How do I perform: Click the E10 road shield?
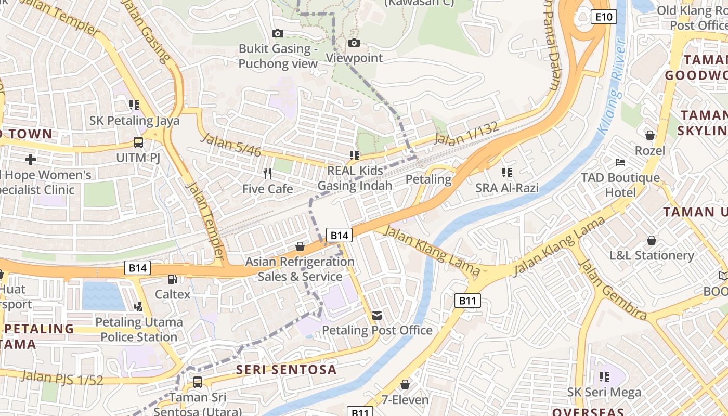pyautogui.click(x=603, y=17)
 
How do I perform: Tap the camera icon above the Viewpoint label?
pyautogui.click(x=354, y=43)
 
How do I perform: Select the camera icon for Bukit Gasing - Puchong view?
pyautogui.click(x=278, y=34)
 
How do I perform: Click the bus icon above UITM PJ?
pyautogui.click(x=138, y=142)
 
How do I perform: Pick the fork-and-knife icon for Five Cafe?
pyautogui.click(x=267, y=174)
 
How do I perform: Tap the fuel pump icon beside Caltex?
pyautogui.click(x=173, y=279)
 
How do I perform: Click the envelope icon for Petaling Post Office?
pyautogui.click(x=377, y=315)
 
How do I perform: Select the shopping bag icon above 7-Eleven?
pyautogui.click(x=405, y=385)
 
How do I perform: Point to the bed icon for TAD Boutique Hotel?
pyautogui.click(x=620, y=163)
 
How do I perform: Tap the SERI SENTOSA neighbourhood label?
pyautogui.click(x=287, y=370)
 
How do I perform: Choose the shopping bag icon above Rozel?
pyautogui.click(x=649, y=136)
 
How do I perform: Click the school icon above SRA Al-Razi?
pyautogui.click(x=507, y=173)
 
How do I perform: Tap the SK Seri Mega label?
pyautogui.click(x=604, y=392)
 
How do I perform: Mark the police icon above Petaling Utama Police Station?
pyautogui.click(x=138, y=307)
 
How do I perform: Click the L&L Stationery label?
pyautogui.click(x=652, y=255)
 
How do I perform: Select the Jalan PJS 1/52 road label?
pyautogui.click(x=62, y=378)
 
